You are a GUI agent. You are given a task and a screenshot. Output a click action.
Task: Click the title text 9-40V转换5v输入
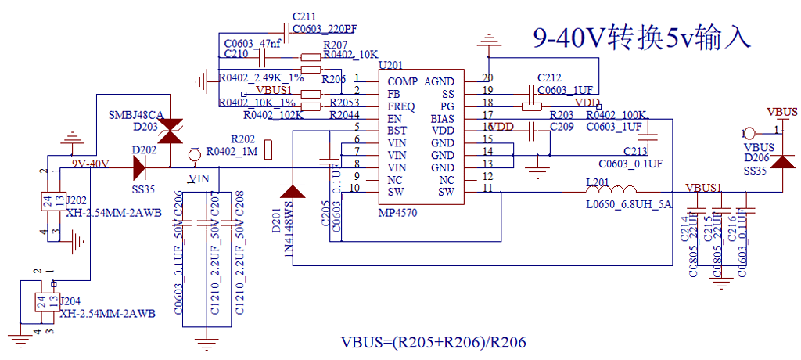(x=641, y=37)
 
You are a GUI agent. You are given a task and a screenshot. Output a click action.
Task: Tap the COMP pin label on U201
(x=403, y=81)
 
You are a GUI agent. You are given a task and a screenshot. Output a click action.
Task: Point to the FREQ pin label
(x=403, y=106)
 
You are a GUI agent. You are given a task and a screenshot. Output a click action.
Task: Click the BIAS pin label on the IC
(x=442, y=119)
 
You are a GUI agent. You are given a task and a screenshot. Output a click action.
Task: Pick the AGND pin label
(x=439, y=81)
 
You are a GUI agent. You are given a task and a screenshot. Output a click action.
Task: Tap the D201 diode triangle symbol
(x=293, y=190)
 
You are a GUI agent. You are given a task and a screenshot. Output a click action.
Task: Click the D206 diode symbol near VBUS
(x=782, y=167)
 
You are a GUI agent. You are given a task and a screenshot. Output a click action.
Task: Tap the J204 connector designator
(x=70, y=301)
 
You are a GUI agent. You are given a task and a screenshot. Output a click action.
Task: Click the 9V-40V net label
(x=91, y=164)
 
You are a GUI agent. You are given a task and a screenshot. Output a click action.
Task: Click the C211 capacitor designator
(x=304, y=16)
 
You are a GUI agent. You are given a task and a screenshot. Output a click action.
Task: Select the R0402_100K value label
(x=614, y=115)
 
